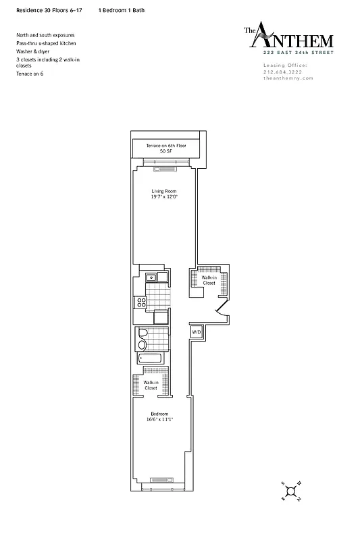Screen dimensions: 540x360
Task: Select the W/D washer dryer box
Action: [195, 332]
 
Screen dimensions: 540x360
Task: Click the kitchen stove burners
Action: [142, 302]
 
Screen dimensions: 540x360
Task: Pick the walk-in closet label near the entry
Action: [209, 280]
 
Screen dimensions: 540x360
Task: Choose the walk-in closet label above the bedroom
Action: [150, 385]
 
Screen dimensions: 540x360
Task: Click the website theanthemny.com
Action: [288, 78]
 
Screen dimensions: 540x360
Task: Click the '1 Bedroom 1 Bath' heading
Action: [121, 11]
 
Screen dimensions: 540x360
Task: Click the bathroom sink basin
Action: [142, 345]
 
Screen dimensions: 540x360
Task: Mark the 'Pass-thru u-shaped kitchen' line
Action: [47, 43]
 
